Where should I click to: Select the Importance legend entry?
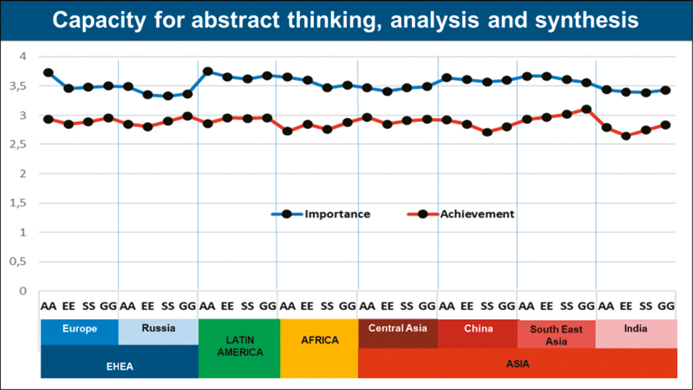[x=337, y=214]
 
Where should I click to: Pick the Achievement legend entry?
[x=477, y=214]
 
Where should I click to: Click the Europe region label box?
[x=79, y=329]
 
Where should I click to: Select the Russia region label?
[x=158, y=328]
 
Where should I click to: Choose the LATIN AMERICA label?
[x=239, y=346]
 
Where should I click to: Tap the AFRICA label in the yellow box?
[x=320, y=341]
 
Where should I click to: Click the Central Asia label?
[x=398, y=328]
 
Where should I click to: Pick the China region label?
[x=478, y=329]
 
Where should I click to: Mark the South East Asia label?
[x=556, y=335]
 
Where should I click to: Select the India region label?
[x=635, y=329]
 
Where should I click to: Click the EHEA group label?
[x=119, y=367]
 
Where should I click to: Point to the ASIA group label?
[x=518, y=364]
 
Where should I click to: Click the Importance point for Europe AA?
[x=48, y=73]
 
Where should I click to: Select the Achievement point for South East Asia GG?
[x=586, y=109]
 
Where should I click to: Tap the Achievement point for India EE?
[x=626, y=136]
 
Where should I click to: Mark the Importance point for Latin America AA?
[x=208, y=72]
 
